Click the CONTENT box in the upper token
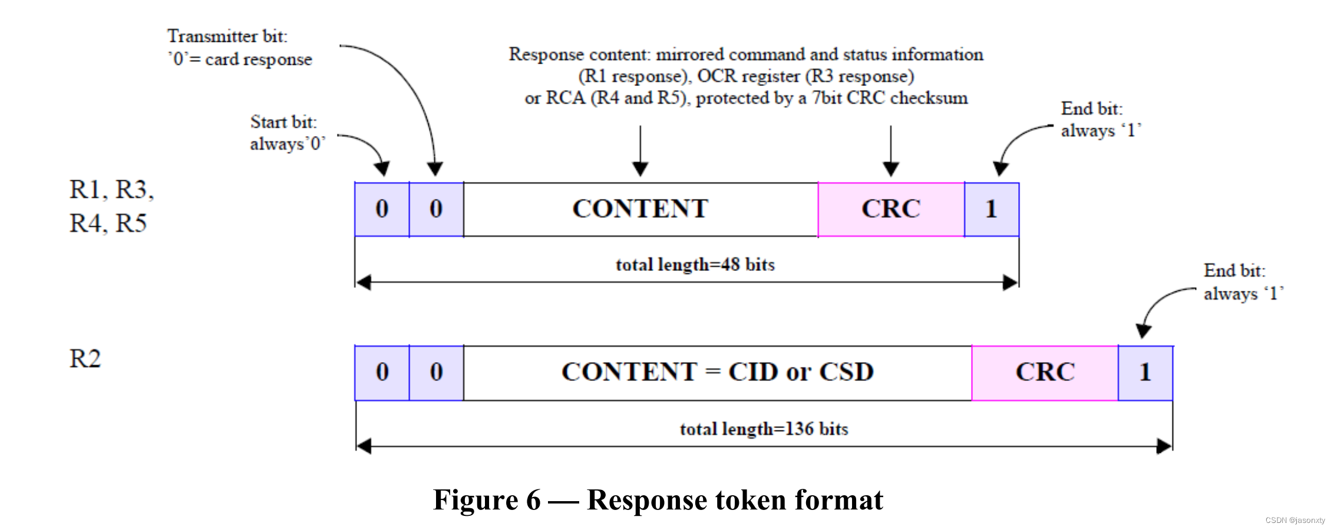click(x=640, y=210)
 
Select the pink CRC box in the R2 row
click(x=1045, y=373)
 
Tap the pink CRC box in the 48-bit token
click(x=891, y=210)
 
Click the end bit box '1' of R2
click(x=1145, y=373)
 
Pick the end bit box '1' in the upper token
click(x=991, y=210)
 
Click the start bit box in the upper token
click(x=382, y=210)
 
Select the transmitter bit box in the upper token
click(x=436, y=210)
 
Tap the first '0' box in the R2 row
click(x=382, y=373)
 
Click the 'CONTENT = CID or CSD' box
click(x=717, y=373)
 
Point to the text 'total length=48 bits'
click(x=695, y=265)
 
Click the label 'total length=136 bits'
click(x=764, y=429)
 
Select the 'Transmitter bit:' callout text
click(x=227, y=37)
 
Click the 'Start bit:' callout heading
click(x=283, y=122)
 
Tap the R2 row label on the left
click(x=85, y=359)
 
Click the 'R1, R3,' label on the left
click(x=111, y=190)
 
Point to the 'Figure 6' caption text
click(x=487, y=501)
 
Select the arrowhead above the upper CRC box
click(x=891, y=170)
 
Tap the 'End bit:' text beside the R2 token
click(x=1234, y=271)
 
